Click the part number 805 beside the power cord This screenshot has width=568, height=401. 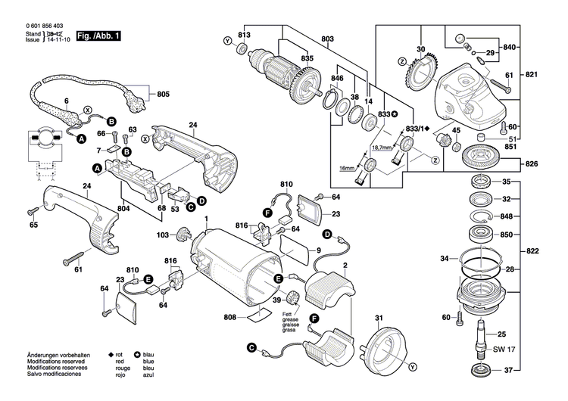pyautogui.click(x=164, y=95)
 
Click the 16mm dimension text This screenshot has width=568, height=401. pyautogui.click(x=346, y=168)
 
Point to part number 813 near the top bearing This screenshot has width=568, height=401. pyautogui.click(x=244, y=36)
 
